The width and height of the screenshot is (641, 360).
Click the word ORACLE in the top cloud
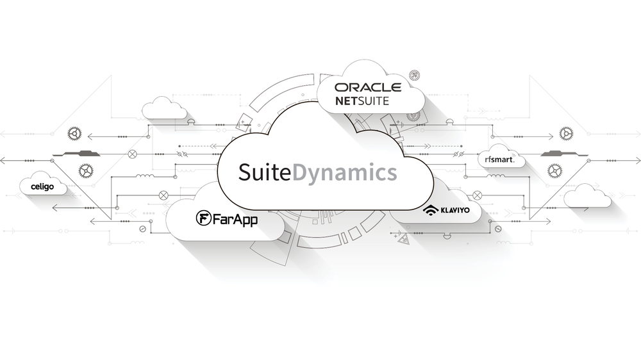(368, 87)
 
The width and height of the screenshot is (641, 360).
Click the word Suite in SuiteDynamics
(265, 173)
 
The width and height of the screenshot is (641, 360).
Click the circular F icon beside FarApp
(203, 219)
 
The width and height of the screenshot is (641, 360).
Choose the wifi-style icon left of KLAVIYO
(429, 209)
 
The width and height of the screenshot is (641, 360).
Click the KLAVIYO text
(455, 209)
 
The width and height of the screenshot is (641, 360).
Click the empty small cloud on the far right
(587, 196)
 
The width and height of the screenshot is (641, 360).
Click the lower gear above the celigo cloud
(85, 170)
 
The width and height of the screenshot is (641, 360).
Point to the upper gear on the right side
(566, 133)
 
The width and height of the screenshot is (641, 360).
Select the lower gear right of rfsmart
(554, 170)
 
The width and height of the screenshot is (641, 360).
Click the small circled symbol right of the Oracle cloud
(414, 74)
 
